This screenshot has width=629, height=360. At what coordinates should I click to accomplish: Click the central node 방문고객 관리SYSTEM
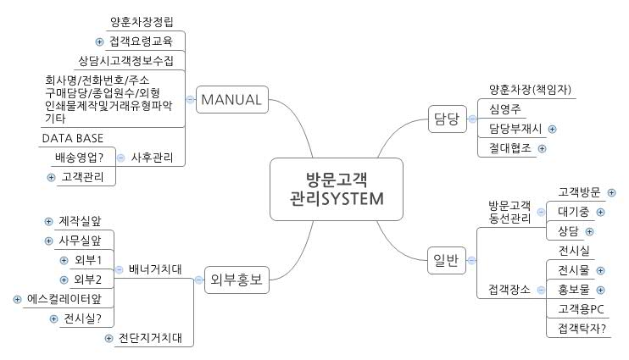[336, 190]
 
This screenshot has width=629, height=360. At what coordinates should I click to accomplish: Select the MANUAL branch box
[231, 101]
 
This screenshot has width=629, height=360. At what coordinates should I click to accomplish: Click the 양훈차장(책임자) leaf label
[530, 89]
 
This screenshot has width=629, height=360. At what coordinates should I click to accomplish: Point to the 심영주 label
[506, 108]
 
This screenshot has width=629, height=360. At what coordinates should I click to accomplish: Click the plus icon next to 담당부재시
[552, 129]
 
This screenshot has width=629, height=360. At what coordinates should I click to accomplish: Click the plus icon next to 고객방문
[612, 192]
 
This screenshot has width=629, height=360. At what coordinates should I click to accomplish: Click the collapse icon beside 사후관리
[120, 158]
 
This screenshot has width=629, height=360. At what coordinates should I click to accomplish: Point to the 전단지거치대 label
[151, 339]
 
